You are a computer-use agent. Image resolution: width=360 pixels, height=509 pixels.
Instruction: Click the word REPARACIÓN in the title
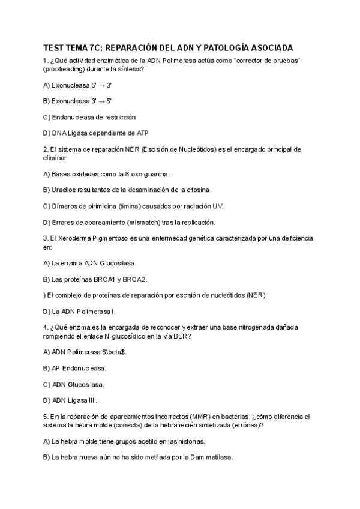click(x=134, y=47)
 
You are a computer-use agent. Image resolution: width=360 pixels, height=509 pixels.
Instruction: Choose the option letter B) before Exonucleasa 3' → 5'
click(x=47, y=101)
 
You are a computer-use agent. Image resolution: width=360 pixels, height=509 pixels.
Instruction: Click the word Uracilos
click(x=65, y=190)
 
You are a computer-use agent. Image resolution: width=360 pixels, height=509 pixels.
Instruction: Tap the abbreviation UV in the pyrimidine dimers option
click(x=217, y=206)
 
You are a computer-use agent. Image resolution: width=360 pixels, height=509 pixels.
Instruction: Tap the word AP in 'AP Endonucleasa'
click(x=56, y=368)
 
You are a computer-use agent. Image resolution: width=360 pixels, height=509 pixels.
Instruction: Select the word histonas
click(x=190, y=441)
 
